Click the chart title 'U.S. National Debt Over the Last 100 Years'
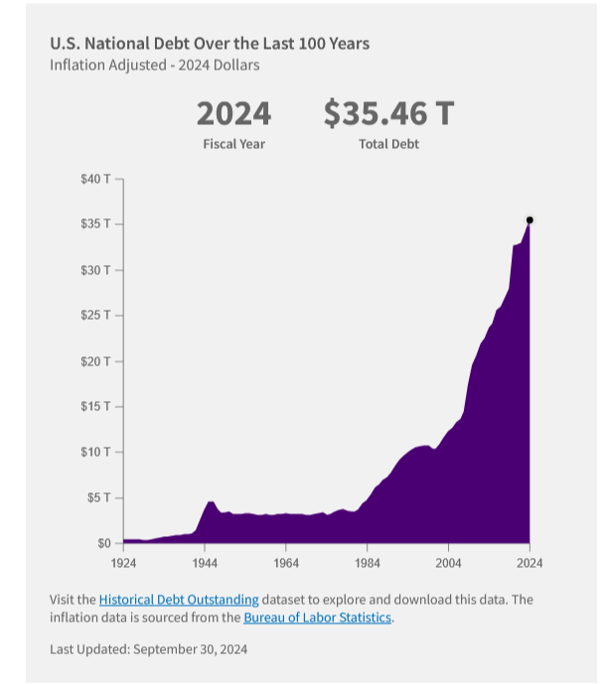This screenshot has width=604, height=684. pyautogui.click(x=210, y=44)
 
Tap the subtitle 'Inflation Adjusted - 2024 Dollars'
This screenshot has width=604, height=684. pyautogui.click(x=155, y=66)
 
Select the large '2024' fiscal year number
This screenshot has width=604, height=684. pyautogui.click(x=233, y=114)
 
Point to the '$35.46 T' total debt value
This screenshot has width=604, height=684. pyautogui.click(x=388, y=114)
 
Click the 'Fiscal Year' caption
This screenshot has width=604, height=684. pyautogui.click(x=233, y=144)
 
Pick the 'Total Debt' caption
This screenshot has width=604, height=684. pyautogui.click(x=388, y=144)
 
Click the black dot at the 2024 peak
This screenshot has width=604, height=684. pyautogui.click(x=529, y=219)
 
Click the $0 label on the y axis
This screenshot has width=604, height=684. pyautogui.click(x=101, y=543)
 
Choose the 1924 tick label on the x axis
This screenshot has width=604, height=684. pyautogui.click(x=123, y=563)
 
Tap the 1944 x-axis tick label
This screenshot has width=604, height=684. pyautogui.click(x=205, y=563)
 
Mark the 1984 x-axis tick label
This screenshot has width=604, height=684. pyautogui.click(x=367, y=563)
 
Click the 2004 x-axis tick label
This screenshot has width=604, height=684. pyautogui.click(x=448, y=563)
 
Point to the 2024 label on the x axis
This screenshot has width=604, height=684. pyautogui.click(x=529, y=563)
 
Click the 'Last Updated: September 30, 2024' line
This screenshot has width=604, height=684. pyautogui.click(x=148, y=649)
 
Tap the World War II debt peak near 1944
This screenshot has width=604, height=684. pyautogui.click(x=211, y=503)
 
